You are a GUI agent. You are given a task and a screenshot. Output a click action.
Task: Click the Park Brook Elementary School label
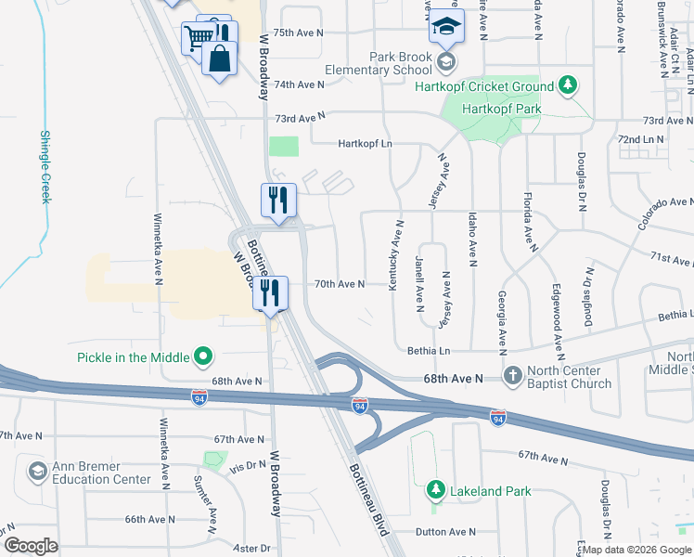tap(378, 63)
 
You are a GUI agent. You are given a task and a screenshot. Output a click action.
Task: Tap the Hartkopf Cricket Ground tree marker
tap(568, 86)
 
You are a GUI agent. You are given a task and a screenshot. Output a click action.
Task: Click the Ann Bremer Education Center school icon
tap(37, 473)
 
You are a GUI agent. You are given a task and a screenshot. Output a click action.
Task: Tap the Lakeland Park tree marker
tap(434, 488)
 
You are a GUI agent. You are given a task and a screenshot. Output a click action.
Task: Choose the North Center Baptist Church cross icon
tap(513, 376)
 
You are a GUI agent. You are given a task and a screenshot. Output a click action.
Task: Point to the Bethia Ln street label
tap(429, 351)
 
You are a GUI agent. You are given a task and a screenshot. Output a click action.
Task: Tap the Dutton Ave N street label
tap(444, 532)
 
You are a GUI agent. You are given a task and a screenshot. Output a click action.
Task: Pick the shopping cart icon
tap(198, 38)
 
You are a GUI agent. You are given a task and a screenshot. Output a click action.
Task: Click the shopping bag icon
tap(219, 58)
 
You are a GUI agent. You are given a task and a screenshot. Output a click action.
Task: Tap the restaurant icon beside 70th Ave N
tap(271, 293)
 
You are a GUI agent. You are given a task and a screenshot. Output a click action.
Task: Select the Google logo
tap(32, 545)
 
